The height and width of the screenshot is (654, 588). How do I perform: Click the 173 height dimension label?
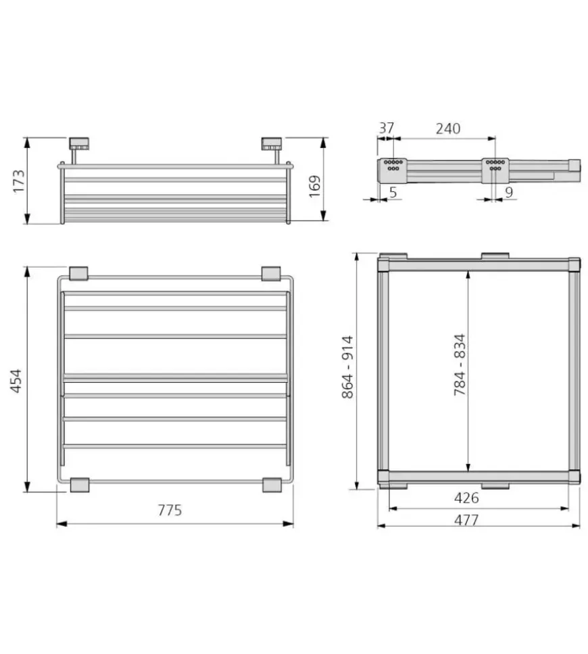coord(19,181)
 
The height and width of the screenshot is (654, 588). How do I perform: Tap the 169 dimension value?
coord(315,186)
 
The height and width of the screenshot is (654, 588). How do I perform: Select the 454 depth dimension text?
coord(16,380)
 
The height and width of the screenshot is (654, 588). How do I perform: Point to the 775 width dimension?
coord(170,510)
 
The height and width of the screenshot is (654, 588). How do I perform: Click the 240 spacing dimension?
coord(448,129)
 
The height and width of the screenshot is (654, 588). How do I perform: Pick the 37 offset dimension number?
coord(387,128)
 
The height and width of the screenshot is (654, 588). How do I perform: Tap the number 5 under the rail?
coord(393,192)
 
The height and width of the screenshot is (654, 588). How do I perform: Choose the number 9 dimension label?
coord(509,192)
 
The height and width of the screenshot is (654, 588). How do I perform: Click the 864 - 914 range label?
coord(347,367)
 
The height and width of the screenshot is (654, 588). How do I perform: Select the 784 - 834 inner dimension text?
coord(460,365)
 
